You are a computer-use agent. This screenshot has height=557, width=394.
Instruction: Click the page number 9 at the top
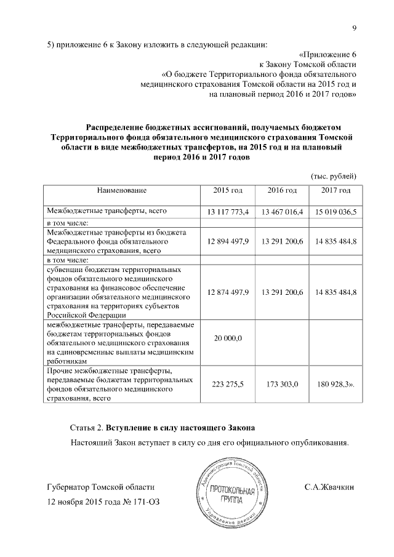coord(355,26)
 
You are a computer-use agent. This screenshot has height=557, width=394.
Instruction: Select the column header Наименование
coord(121,190)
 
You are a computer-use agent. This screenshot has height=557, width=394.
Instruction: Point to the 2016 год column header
coord(282,190)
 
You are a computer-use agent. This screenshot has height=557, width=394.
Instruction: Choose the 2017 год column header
coord(336,190)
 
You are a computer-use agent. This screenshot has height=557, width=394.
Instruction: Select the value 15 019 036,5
coord(336,212)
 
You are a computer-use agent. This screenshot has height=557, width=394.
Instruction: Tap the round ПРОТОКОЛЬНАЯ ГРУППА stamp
coord(231,493)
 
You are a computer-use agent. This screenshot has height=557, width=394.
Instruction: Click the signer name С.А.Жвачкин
coord(329,486)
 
